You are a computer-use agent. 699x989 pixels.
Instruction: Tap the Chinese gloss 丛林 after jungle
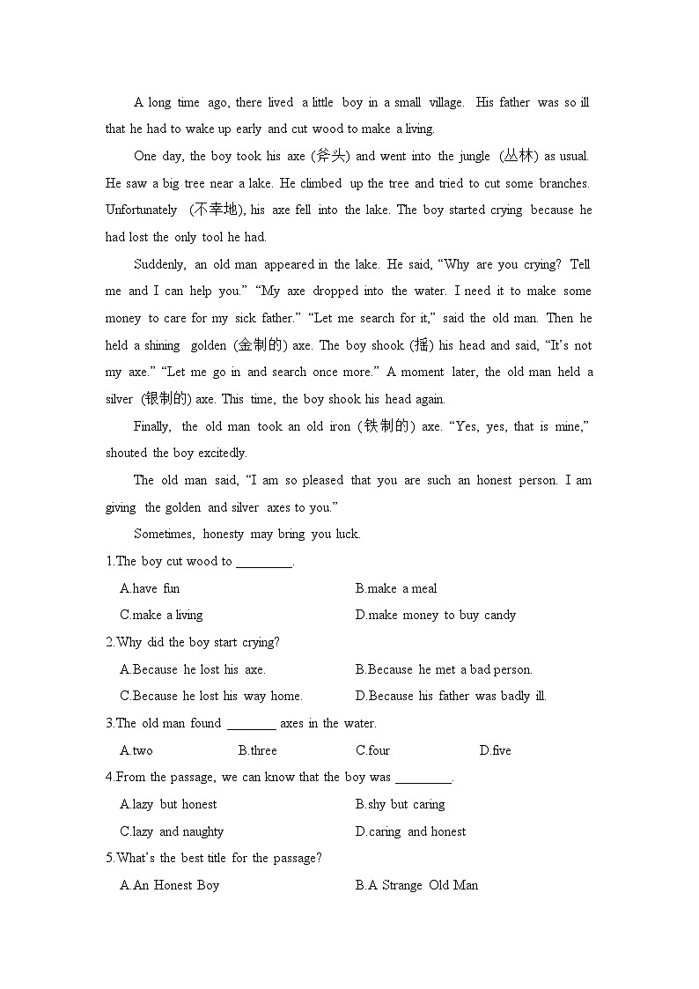click(x=519, y=156)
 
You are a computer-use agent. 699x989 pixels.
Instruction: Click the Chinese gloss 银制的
click(x=166, y=399)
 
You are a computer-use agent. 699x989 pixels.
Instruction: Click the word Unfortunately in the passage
click(x=141, y=210)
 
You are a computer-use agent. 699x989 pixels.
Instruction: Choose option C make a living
click(x=161, y=615)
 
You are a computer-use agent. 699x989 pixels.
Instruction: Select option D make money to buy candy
click(x=436, y=615)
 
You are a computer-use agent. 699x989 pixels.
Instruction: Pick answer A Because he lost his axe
click(x=193, y=669)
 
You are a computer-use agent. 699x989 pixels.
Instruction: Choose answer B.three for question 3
click(x=257, y=750)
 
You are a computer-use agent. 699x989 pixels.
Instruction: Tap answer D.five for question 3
click(x=495, y=750)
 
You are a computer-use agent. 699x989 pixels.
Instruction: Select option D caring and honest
click(x=411, y=831)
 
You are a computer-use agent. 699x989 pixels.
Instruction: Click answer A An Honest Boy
click(x=169, y=885)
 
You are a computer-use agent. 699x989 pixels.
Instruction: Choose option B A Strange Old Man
click(x=416, y=885)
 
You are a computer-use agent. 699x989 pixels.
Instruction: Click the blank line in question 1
click(x=263, y=563)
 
